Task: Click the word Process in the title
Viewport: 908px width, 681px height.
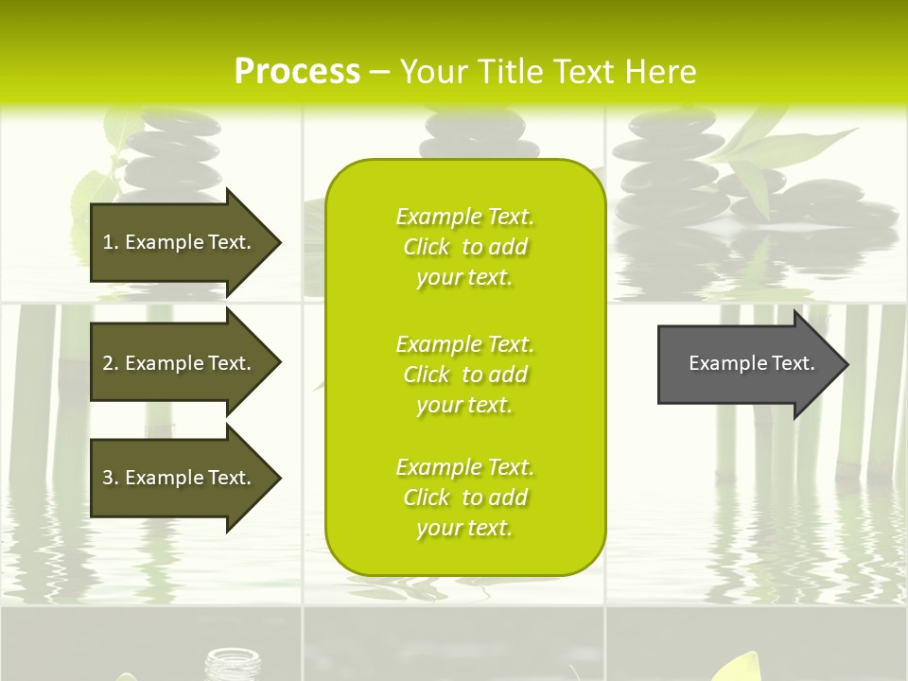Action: click(x=297, y=72)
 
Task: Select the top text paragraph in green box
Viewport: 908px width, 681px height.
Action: click(x=464, y=247)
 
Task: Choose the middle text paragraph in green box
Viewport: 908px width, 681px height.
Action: click(x=464, y=375)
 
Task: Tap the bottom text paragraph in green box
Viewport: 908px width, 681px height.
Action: click(x=464, y=498)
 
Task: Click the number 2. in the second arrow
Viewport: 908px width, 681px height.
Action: click(x=111, y=363)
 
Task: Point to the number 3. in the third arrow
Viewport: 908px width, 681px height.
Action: click(x=111, y=478)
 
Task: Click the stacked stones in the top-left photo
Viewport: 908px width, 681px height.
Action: click(x=172, y=156)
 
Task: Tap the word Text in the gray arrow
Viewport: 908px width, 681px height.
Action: click(x=794, y=363)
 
